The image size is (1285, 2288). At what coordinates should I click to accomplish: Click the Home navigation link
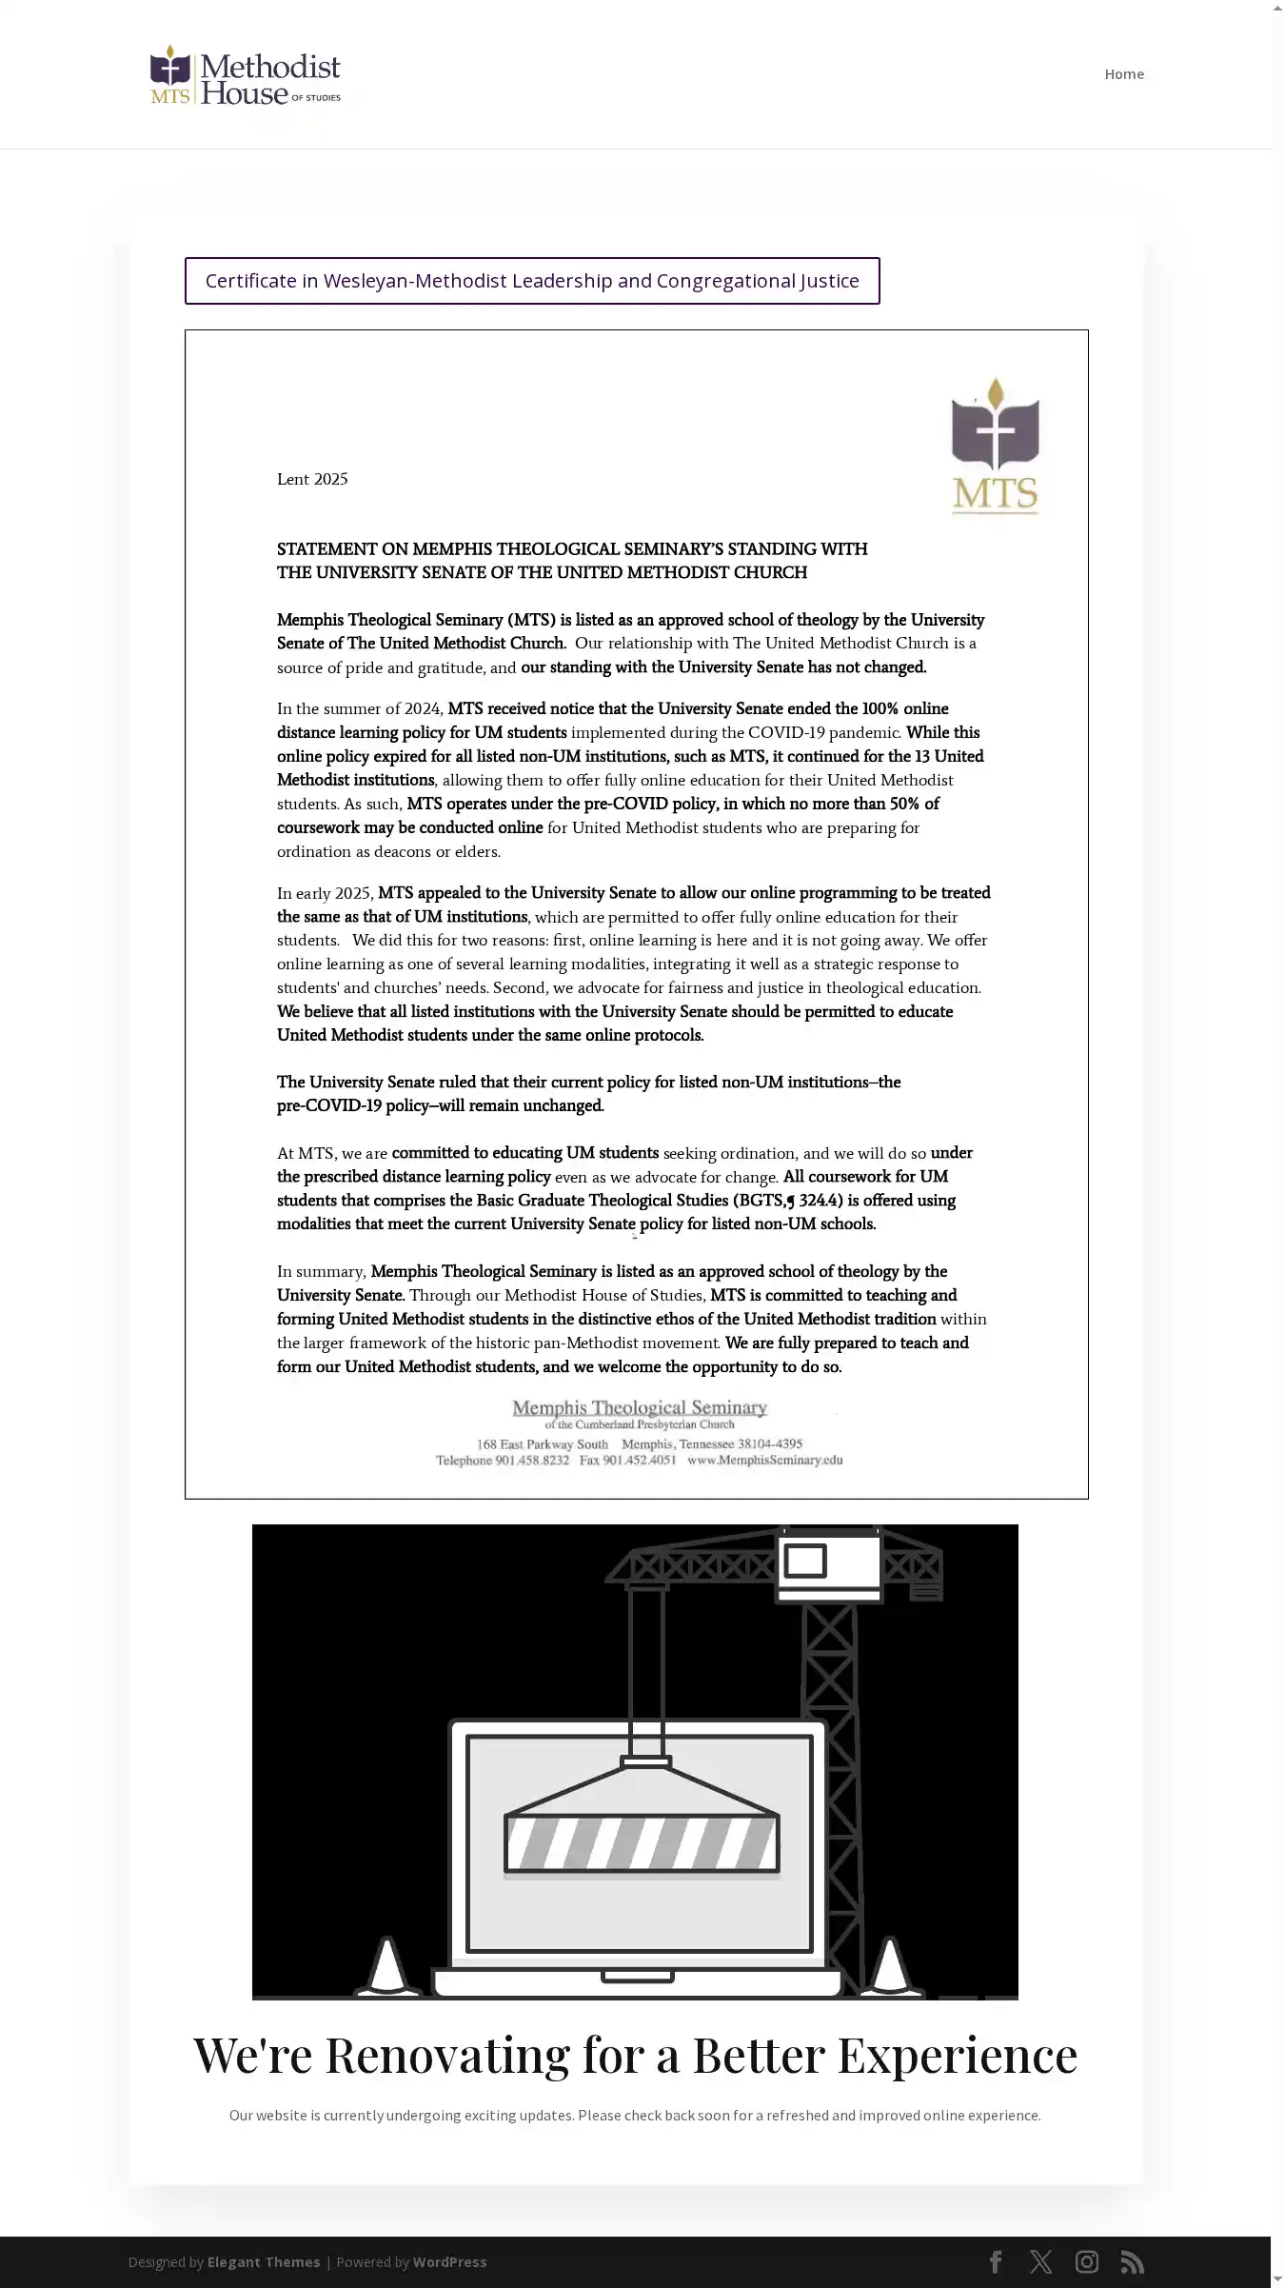tap(1123, 74)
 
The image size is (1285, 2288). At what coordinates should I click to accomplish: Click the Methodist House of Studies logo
tap(246, 75)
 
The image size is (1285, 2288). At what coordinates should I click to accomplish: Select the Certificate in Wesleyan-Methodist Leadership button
tap(532, 281)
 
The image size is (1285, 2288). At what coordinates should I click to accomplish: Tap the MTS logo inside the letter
tap(995, 446)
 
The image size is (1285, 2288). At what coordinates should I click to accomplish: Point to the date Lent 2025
tap(312, 479)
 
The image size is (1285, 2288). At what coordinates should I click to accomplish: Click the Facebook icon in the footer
tap(996, 2261)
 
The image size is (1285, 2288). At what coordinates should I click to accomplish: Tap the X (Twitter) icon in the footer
tap(1040, 2261)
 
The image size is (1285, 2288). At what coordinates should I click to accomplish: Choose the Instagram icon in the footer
tap(1086, 2261)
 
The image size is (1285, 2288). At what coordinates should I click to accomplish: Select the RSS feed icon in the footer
tap(1132, 2261)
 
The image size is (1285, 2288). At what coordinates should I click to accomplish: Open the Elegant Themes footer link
tap(264, 2261)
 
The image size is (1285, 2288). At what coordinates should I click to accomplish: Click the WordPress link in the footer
tap(449, 2261)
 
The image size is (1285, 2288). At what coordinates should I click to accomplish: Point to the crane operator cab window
tap(805, 1561)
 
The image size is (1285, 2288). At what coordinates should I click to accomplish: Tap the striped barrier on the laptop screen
tap(641, 1843)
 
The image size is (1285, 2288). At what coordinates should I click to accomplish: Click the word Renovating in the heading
tap(447, 2055)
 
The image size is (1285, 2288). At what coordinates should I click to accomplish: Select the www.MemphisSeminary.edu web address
tap(764, 1460)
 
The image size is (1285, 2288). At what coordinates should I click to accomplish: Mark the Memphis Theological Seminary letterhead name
tap(640, 1407)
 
